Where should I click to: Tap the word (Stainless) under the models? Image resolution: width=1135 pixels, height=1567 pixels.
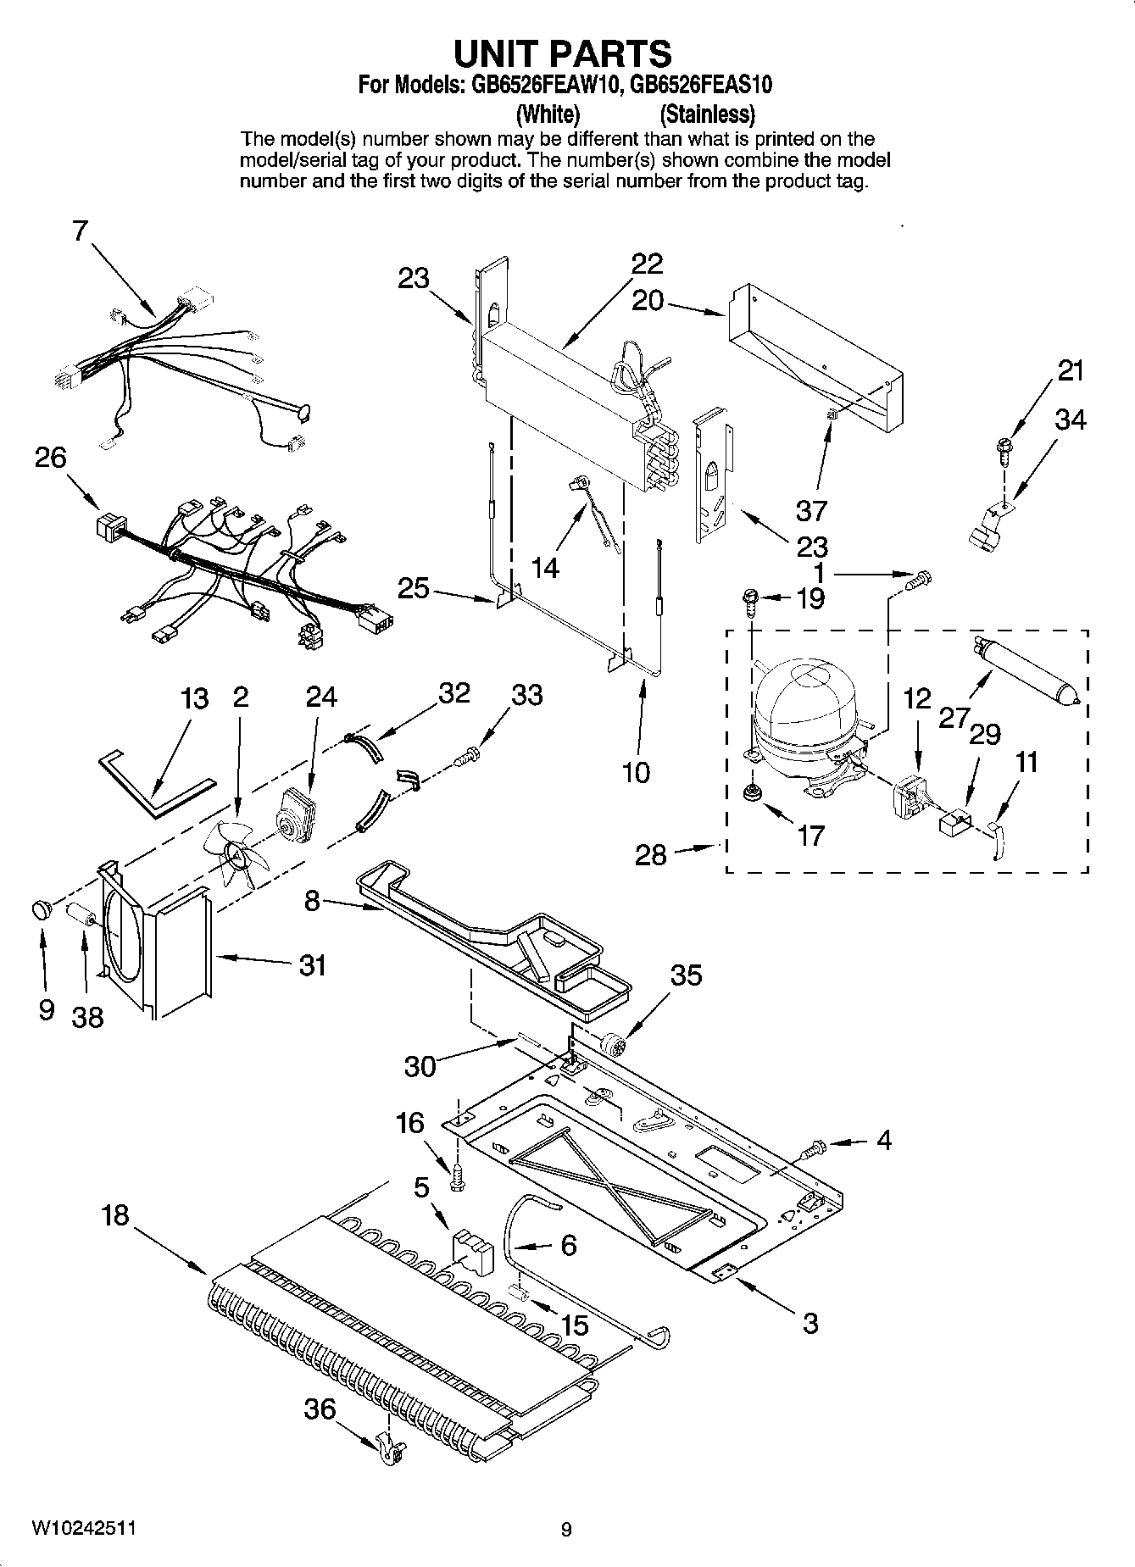(x=707, y=114)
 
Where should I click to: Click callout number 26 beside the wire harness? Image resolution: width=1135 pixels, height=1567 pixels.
(x=50, y=458)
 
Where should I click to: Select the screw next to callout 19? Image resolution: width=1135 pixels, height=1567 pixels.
(x=752, y=599)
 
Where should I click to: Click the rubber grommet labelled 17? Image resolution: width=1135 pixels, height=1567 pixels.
(x=750, y=792)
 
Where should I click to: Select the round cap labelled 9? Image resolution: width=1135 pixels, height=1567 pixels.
(x=41, y=909)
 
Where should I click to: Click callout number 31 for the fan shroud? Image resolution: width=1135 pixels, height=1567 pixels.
(x=312, y=964)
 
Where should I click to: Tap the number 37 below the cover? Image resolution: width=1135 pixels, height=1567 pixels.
(x=811, y=511)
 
